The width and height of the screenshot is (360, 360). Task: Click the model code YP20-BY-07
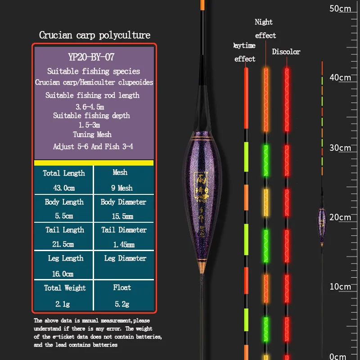94,57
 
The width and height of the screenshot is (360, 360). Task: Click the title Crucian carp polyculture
94,35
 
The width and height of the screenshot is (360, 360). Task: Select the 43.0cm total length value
64,188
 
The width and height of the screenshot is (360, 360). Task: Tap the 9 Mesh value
122,188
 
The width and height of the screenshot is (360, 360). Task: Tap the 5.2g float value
122,304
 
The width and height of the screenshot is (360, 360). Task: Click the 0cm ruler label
338,356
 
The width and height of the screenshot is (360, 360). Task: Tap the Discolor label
286,52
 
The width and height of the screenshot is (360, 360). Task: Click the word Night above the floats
264,22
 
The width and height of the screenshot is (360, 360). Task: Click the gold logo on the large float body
201,184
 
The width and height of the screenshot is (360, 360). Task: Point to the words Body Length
64,202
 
